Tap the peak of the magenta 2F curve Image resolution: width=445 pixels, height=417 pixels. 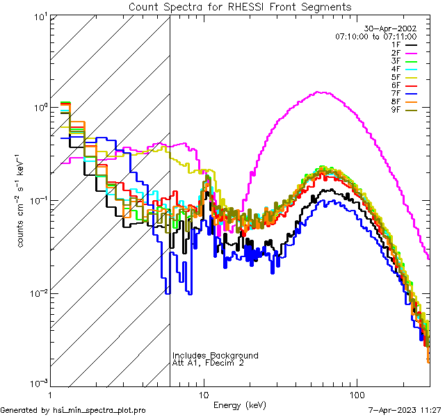point(320,92)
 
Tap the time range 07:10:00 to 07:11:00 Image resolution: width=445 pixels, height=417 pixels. point(375,36)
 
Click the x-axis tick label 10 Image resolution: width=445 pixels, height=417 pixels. point(203,394)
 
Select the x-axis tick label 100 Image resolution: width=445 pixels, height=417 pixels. point(356,394)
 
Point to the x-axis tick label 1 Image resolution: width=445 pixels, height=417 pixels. point(50,394)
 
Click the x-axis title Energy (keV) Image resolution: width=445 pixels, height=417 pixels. point(240,404)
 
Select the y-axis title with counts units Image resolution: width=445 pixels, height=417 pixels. point(23,200)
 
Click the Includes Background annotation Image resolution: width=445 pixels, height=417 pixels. point(216,355)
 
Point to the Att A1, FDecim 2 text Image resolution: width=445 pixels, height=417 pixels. point(209,363)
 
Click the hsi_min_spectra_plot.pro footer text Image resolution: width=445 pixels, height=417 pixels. point(73,410)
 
